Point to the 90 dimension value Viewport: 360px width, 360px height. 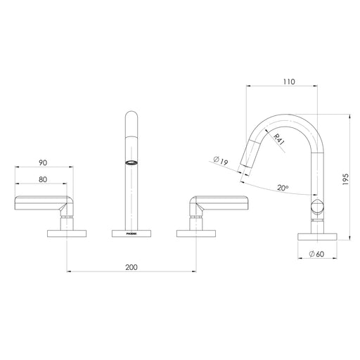pos(44,162)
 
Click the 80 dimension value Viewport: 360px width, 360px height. pos(44,179)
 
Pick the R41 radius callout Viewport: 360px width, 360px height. pos(280,141)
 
